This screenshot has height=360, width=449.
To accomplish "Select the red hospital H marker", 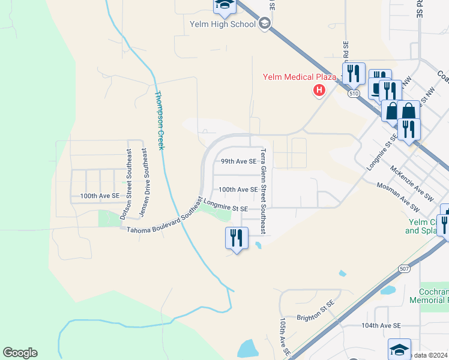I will click(x=319, y=91).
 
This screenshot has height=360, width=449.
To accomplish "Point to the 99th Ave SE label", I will click(x=238, y=161).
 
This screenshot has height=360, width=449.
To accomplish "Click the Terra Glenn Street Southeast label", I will click(x=264, y=191).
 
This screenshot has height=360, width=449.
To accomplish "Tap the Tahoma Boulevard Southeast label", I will click(x=163, y=217).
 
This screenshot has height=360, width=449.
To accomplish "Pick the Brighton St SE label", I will click(x=315, y=318).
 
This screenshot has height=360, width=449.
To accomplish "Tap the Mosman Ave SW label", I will click(x=398, y=197).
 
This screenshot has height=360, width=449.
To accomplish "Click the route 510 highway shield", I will click(x=354, y=94).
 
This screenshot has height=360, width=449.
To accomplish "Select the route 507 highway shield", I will click(x=405, y=269).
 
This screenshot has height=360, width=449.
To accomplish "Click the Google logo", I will click(x=20, y=353).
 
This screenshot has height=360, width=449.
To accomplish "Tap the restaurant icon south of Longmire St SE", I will click(x=237, y=238).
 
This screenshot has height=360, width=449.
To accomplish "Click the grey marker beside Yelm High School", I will click(x=265, y=24).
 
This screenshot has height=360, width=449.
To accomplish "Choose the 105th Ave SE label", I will click(x=283, y=336).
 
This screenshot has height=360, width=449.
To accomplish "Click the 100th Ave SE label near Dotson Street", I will click(x=100, y=196).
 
